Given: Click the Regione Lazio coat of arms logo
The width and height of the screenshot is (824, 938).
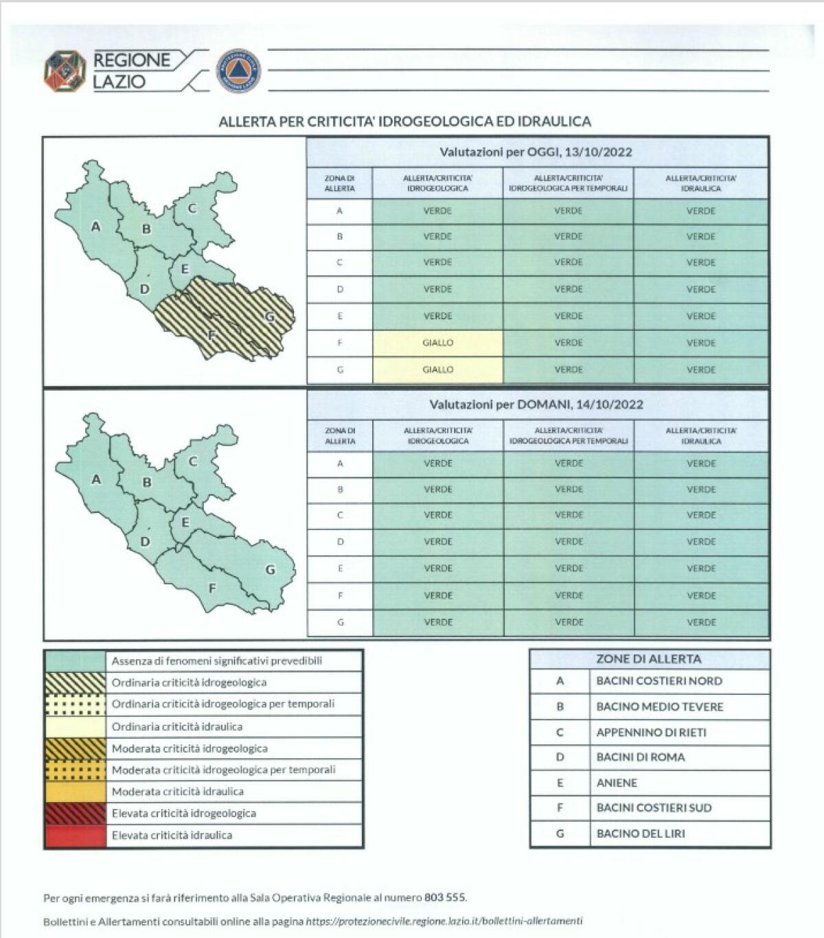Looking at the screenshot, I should click(65, 71).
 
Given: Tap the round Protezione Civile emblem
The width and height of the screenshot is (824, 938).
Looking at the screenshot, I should click(238, 71).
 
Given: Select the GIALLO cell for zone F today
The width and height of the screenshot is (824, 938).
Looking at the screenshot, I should click(437, 343).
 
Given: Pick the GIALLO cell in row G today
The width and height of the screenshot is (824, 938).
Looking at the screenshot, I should click(437, 369).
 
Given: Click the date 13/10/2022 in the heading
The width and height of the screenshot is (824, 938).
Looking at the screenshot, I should click(599, 152).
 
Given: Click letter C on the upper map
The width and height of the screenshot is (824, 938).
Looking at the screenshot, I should click(193, 209).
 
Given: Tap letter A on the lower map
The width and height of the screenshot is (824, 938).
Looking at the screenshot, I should click(96, 479).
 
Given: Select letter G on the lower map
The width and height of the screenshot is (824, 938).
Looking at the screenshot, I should click(270, 569).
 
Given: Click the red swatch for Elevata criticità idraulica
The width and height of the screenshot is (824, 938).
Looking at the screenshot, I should click(75, 836).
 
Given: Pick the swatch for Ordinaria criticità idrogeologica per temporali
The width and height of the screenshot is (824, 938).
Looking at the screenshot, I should click(75, 705).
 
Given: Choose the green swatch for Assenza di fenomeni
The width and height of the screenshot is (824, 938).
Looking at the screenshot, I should click(75, 661).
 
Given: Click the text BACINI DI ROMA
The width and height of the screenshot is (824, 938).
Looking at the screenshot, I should click(641, 757).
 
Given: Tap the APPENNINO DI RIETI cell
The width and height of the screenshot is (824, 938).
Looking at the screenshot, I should click(651, 732).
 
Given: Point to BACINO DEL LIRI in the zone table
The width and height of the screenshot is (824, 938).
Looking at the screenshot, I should click(641, 834).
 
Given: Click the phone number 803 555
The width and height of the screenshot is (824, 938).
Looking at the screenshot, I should click(445, 897).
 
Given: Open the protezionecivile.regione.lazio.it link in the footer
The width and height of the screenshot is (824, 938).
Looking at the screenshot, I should click(444, 922).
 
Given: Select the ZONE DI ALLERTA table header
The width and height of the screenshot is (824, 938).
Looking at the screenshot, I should click(648, 659).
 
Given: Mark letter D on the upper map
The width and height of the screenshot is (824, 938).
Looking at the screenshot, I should click(144, 288).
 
